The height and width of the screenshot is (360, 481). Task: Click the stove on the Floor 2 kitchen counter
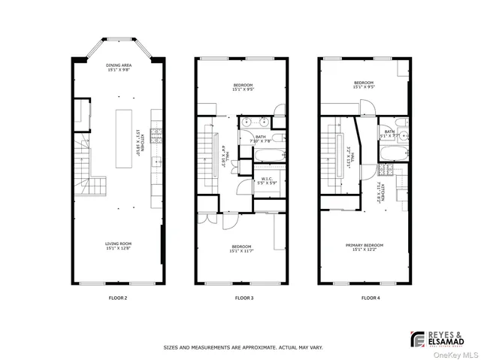coord(157,136)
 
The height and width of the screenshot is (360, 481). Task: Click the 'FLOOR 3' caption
coord(242,298)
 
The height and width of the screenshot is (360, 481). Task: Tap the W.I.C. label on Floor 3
coord(267,179)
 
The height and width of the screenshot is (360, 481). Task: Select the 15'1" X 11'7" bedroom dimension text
coord(241,252)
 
